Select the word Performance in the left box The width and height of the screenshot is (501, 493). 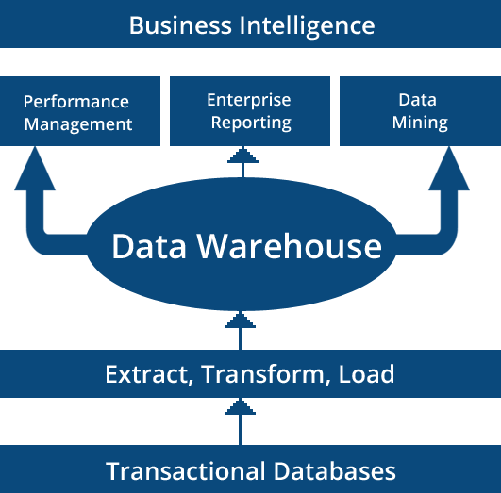(76, 102)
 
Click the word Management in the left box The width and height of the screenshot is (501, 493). (78, 123)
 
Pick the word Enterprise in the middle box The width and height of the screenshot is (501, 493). (250, 99)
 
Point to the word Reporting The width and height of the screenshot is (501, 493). (251, 122)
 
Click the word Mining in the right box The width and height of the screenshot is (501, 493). (419, 123)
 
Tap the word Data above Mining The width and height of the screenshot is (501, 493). (418, 100)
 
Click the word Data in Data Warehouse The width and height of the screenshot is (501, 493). (149, 246)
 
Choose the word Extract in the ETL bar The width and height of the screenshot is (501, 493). (147, 374)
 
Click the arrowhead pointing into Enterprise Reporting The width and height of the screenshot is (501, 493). (242, 154)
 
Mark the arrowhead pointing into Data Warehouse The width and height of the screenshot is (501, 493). (240, 320)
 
